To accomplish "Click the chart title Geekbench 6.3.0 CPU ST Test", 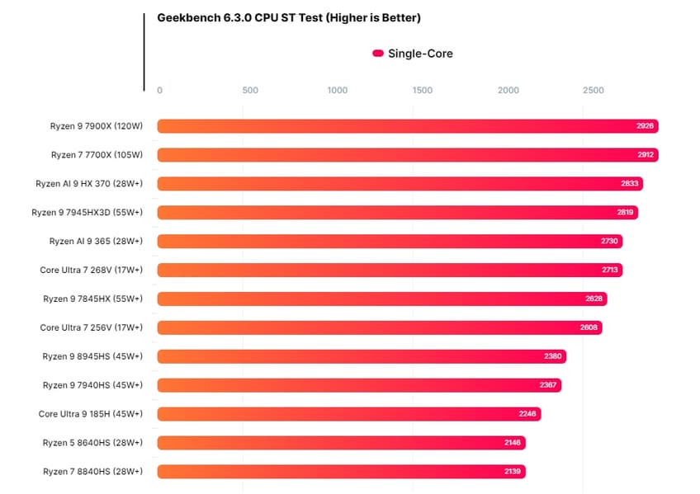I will tap(289, 18).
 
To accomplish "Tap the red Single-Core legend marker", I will tap(378, 54).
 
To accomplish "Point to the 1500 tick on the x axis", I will tap(422, 91).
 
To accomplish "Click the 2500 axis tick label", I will tap(593, 91).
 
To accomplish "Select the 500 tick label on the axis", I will tap(250, 91).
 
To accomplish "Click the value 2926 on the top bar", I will tap(645, 126).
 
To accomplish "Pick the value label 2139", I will tap(513, 472).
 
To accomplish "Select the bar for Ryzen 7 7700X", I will tap(407, 155).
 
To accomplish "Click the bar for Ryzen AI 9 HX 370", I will tap(400, 184).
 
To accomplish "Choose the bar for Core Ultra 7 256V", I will tap(380, 327).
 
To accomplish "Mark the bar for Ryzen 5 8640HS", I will tap(341, 443).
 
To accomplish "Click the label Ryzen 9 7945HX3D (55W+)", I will tap(87, 213).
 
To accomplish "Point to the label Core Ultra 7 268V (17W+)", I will tap(91, 270).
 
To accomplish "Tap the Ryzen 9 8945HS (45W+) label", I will tap(92, 356).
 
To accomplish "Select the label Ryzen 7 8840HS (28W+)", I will tap(92, 472).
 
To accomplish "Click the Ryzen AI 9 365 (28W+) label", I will tap(96, 241).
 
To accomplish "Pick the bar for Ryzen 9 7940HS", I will tap(359, 385).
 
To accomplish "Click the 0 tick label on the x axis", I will tap(159, 91).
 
